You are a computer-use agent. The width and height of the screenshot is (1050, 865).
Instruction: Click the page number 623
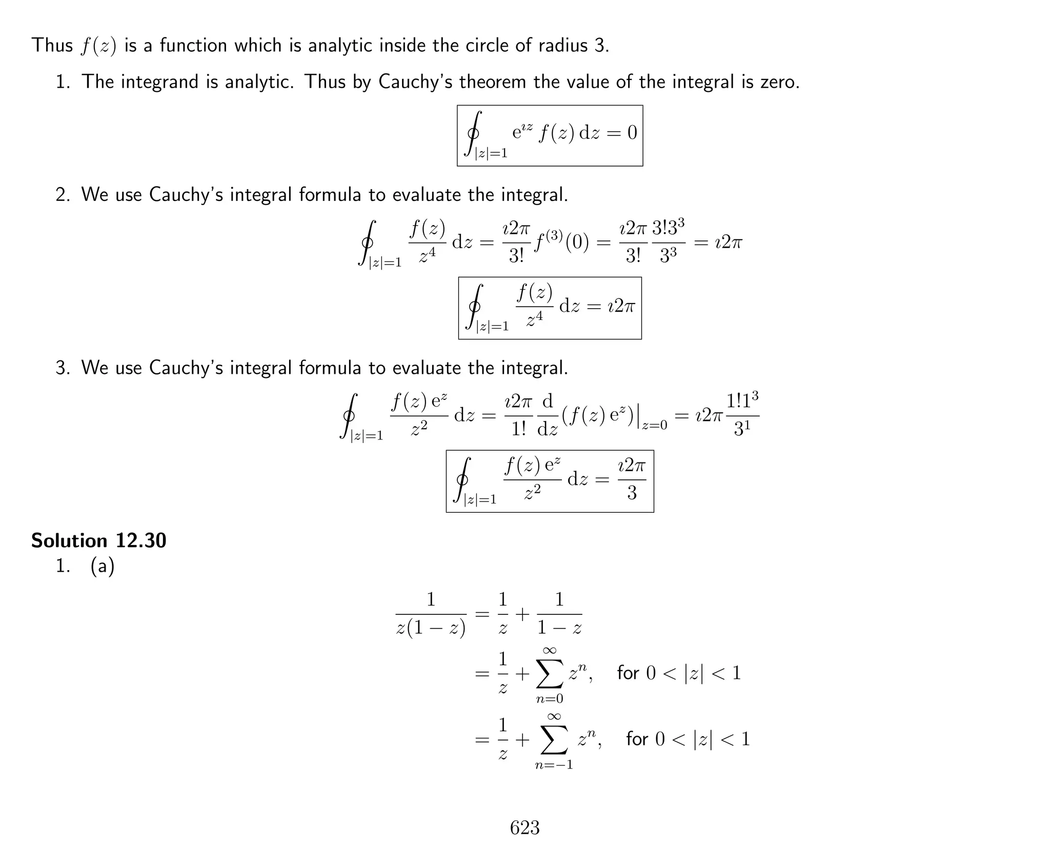pyautogui.click(x=524, y=827)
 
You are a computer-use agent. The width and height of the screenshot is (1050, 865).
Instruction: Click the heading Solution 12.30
pyautogui.click(x=98, y=540)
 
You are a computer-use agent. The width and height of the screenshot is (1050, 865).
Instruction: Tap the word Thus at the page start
pyautogui.click(x=52, y=45)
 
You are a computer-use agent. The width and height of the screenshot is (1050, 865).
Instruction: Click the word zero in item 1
pyautogui.click(x=780, y=82)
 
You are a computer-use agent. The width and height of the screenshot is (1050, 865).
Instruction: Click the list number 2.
pyautogui.click(x=63, y=195)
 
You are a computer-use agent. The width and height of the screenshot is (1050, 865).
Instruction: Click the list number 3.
pyautogui.click(x=63, y=368)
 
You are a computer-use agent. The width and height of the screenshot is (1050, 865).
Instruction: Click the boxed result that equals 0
pyautogui.click(x=550, y=135)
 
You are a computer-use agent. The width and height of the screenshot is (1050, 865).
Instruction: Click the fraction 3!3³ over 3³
pyautogui.click(x=668, y=241)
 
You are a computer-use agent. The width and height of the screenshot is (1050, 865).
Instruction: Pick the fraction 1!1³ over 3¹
pyautogui.click(x=742, y=414)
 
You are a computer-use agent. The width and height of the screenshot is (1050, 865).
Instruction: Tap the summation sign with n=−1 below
pyautogui.click(x=554, y=740)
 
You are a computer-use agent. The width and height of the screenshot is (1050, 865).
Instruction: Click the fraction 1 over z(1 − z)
pyautogui.click(x=431, y=614)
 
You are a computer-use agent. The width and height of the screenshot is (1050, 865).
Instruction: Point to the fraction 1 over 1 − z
pyautogui.click(x=559, y=614)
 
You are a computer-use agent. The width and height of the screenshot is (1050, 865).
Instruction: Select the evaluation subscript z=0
pyautogui.click(x=654, y=425)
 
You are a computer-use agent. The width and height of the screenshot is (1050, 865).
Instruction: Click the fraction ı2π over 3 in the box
pyautogui.click(x=632, y=480)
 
